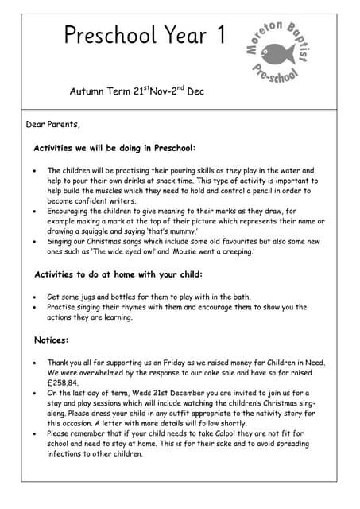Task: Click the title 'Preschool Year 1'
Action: click(x=145, y=36)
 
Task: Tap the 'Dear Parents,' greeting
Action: click(x=53, y=124)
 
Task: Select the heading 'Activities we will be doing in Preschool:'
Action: click(x=114, y=148)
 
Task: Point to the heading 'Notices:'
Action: click(x=52, y=340)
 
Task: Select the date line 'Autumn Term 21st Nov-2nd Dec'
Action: click(x=137, y=91)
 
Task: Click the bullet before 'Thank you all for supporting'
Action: click(x=33, y=362)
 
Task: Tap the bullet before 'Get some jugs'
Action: click(x=33, y=297)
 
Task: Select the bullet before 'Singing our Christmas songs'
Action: click(x=33, y=242)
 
